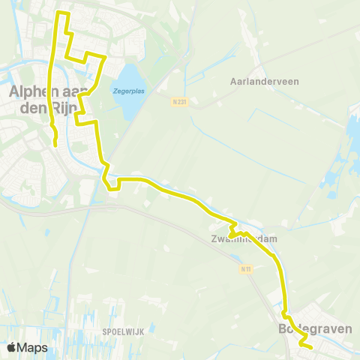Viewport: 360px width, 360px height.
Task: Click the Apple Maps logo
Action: click(x=27, y=347)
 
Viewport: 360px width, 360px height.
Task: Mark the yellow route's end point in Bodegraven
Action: click(x=310, y=347)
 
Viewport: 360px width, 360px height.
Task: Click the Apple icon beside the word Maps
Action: click(x=12, y=347)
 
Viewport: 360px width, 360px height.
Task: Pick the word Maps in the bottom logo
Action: click(x=33, y=347)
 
